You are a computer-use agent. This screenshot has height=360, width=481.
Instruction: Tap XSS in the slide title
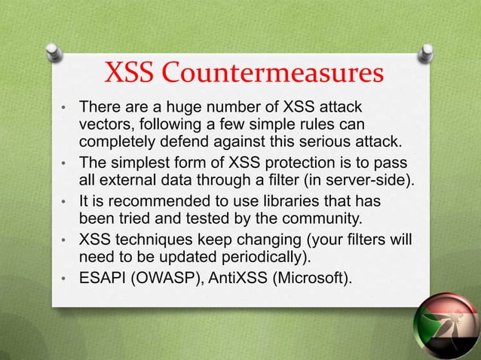click(129, 76)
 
